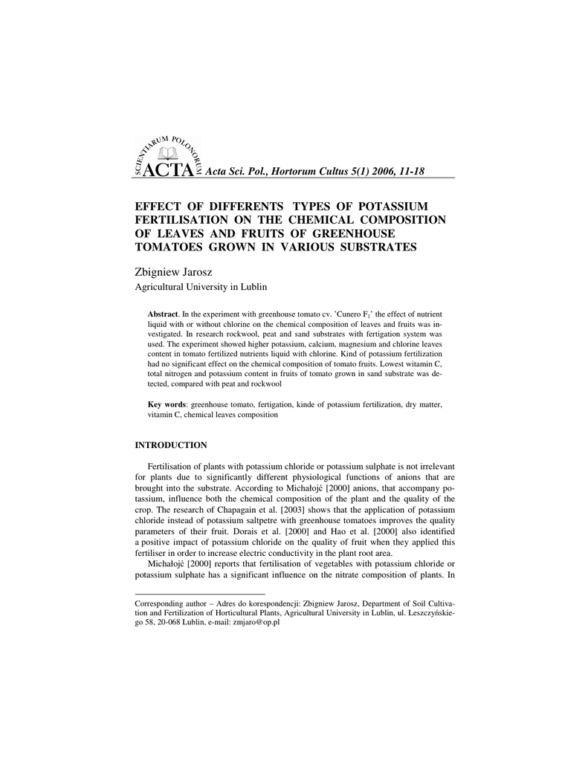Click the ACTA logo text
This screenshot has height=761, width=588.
point(169,171)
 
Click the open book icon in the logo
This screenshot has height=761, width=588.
point(169,154)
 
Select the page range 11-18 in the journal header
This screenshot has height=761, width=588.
point(410,172)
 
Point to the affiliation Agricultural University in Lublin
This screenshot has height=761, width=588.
point(200,287)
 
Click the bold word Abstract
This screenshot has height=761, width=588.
point(163,314)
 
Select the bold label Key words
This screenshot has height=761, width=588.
point(167,405)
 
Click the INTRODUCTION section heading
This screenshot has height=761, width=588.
point(170,445)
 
